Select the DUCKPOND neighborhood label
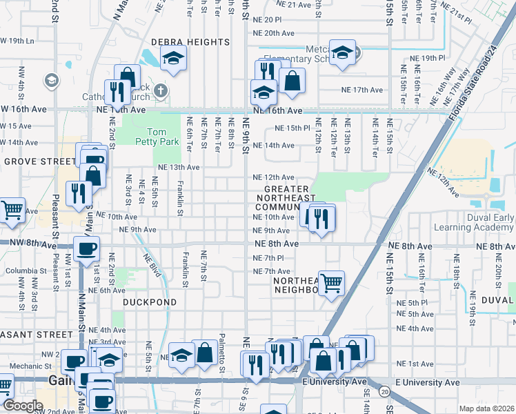[x=150, y=302]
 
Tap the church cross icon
[x=160, y=91]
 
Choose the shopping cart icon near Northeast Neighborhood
[x=332, y=282]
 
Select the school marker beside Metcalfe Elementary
[x=342, y=54]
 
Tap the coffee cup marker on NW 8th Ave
[x=86, y=249]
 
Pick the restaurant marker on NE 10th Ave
[x=321, y=218]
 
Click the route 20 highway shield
[x=384, y=391]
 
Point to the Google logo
[x=23, y=406]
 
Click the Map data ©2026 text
[x=486, y=408]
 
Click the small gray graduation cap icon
[x=50, y=81]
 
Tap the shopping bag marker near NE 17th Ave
[x=292, y=79]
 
